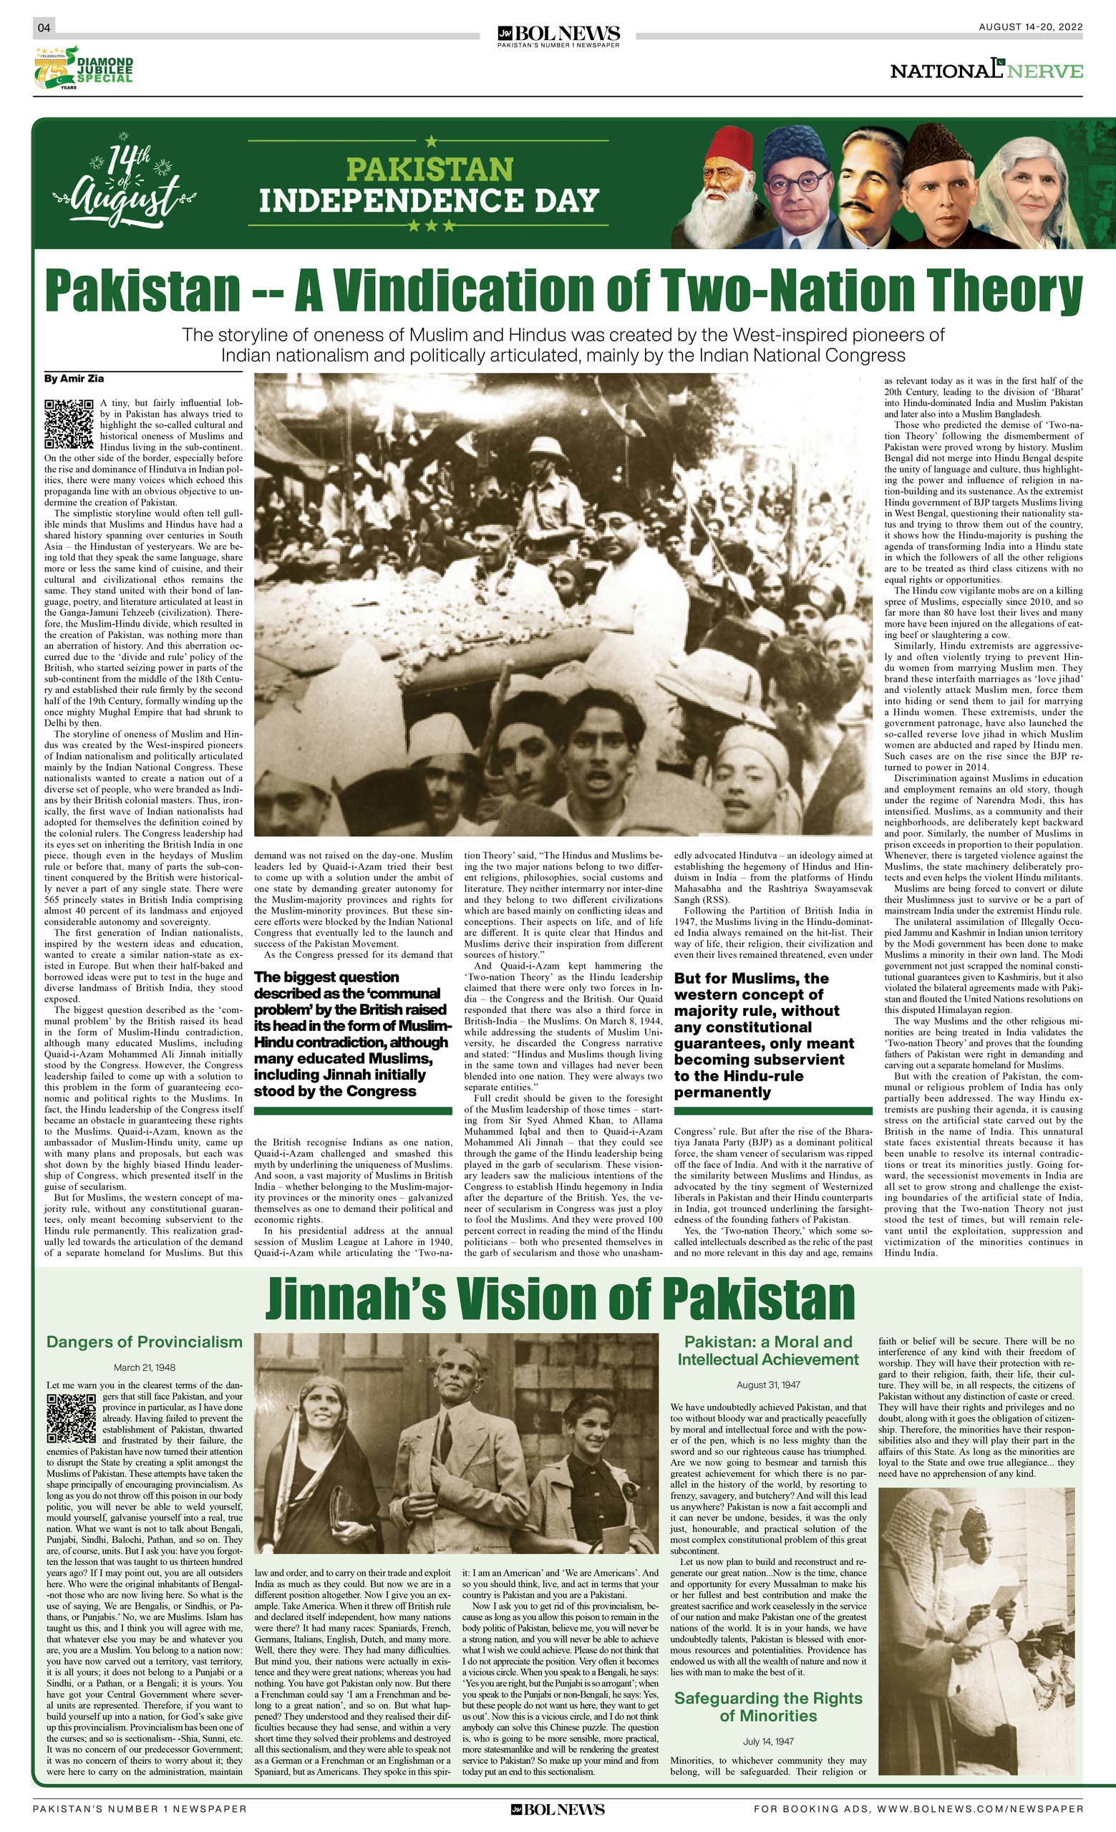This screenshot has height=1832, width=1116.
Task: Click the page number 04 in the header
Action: click(x=44, y=28)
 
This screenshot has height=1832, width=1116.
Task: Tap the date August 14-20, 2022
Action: click(x=1030, y=27)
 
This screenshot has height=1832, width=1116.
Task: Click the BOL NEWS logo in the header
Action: click(x=558, y=35)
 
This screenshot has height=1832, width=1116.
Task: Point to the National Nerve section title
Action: click(x=986, y=71)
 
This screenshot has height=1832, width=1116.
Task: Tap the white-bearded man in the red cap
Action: click(x=724, y=186)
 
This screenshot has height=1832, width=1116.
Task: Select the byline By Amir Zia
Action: click(x=74, y=379)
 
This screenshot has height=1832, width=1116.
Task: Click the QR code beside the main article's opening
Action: click(x=69, y=423)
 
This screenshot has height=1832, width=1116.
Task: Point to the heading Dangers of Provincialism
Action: click(x=144, y=1342)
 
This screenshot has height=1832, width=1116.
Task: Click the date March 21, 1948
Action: click(x=144, y=1367)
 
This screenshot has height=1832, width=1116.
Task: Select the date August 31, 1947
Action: click(x=768, y=1385)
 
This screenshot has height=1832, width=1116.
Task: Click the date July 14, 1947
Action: click(x=768, y=1741)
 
